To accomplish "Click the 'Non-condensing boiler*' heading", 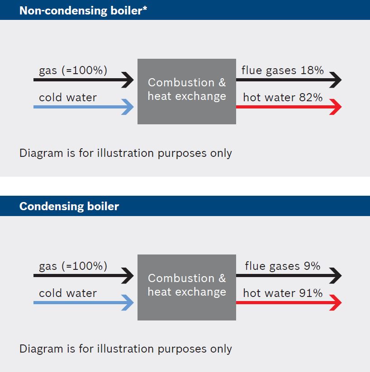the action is tap(83, 11).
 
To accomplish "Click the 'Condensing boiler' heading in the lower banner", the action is tap(69, 207).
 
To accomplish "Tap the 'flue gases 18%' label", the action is tap(282, 71).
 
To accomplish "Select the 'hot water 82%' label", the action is tap(283, 98).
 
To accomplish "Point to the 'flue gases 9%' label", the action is tap(283, 266).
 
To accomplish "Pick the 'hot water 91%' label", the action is tap(283, 293).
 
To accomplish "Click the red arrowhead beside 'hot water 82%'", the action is tap(336, 107).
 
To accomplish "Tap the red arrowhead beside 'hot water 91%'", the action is tap(336, 302).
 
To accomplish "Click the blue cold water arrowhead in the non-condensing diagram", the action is tap(128, 107).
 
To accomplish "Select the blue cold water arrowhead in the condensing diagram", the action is tap(128, 302).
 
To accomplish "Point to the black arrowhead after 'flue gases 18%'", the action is tap(336, 80).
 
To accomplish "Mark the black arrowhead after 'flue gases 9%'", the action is tap(336, 275).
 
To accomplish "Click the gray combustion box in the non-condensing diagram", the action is tap(187, 92).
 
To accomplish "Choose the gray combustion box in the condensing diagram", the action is tap(187, 287).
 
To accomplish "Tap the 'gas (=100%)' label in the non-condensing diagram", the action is tap(73, 71).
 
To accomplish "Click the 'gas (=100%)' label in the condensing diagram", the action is tap(73, 266).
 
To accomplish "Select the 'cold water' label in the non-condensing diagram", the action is tap(68, 98).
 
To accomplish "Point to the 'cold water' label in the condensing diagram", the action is tap(68, 293).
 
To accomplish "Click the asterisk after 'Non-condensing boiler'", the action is tap(145, 8).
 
